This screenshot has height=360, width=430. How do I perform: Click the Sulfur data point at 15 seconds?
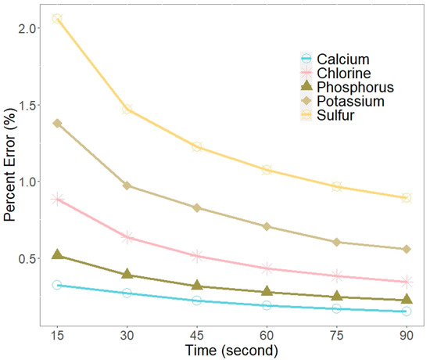click(x=57, y=18)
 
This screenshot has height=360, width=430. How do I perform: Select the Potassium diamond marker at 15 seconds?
click(x=57, y=123)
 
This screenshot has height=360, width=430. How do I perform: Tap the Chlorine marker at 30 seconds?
click(x=127, y=236)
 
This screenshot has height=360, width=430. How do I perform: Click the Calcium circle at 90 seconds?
click(x=407, y=311)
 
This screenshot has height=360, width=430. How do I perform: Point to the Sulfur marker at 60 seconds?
click(x=267, y=170)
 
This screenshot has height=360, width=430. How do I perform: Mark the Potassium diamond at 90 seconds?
click(x=407, y=249)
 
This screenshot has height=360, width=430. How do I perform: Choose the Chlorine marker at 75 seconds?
click(x=337, y=275)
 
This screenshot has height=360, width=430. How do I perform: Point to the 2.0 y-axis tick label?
click(x=27, y=28)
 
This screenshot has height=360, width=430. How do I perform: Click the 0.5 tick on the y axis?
click(x=27, y=258)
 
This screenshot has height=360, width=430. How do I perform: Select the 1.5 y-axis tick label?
click(x=27, y=105)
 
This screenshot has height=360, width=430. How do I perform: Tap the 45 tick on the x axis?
click(x=197, y=334)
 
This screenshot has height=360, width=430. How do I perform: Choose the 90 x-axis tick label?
click(x=407, y=334)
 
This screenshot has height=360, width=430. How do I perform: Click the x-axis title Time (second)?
click(x=232, y=350)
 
